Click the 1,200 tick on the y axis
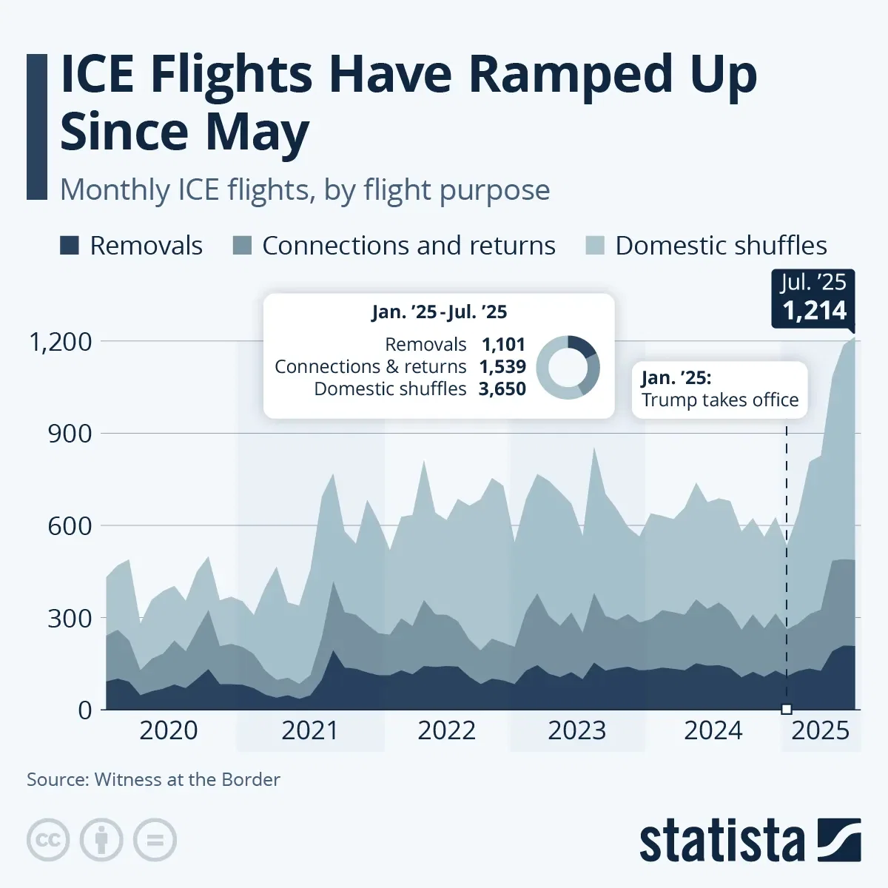point(60,342)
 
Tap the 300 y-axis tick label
point(70,618)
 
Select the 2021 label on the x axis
point(309,730)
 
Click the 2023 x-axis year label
point(576,730)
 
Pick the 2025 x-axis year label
point(820,730)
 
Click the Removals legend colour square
point(70,246)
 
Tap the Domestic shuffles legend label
point(721,246)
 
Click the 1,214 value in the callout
point(814,311)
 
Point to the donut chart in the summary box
point(568,367)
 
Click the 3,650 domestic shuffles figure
point(502,389)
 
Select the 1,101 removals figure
point(503,345)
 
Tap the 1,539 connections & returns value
point(502,367)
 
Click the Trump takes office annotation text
point(719,400)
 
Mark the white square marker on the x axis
point(786,709)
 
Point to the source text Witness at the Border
point(187,779)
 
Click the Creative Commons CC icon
point(48,840)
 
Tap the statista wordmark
point(721,841)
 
